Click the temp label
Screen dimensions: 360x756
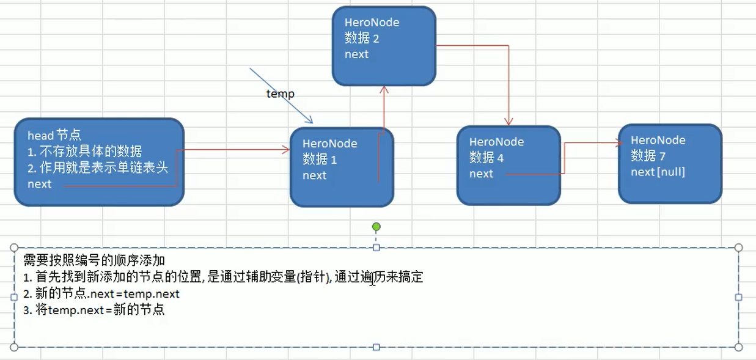click(280, 94)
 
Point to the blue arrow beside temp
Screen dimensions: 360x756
click(281, 95)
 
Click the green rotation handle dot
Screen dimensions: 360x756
click(376, 227)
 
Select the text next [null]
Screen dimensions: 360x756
click(658, 172)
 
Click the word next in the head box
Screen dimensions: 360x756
click(40, 183)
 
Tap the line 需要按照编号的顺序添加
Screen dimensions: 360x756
click(94, 260)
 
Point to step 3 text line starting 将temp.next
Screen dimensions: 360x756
click(94, 309)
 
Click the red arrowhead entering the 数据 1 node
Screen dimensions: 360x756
click(286, 149)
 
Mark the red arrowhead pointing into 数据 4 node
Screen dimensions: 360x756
click(508, 122)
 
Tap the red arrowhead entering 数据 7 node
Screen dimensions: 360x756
click(615, 144)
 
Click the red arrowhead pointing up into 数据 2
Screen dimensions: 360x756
click(384, 89)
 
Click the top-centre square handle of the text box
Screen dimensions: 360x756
click(376, 248)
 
